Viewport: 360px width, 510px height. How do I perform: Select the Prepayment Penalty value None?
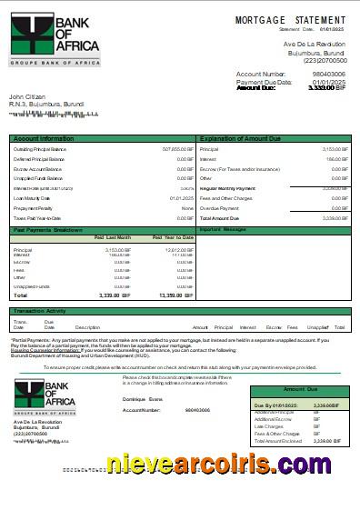pyautogui.click(x=187, y=208)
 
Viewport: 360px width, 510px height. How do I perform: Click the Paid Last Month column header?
pyautogui.click(x=113, y=237)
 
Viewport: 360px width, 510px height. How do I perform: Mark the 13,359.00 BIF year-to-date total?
pyautogui.click(x=176, y=295)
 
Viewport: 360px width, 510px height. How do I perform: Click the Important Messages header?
pyautogui.click(x=223, y=229)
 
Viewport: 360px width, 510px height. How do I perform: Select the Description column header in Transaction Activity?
pyautogui.click(x=87, y=326)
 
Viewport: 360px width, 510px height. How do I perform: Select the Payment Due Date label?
pyautogui.click(x=264, y=82)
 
